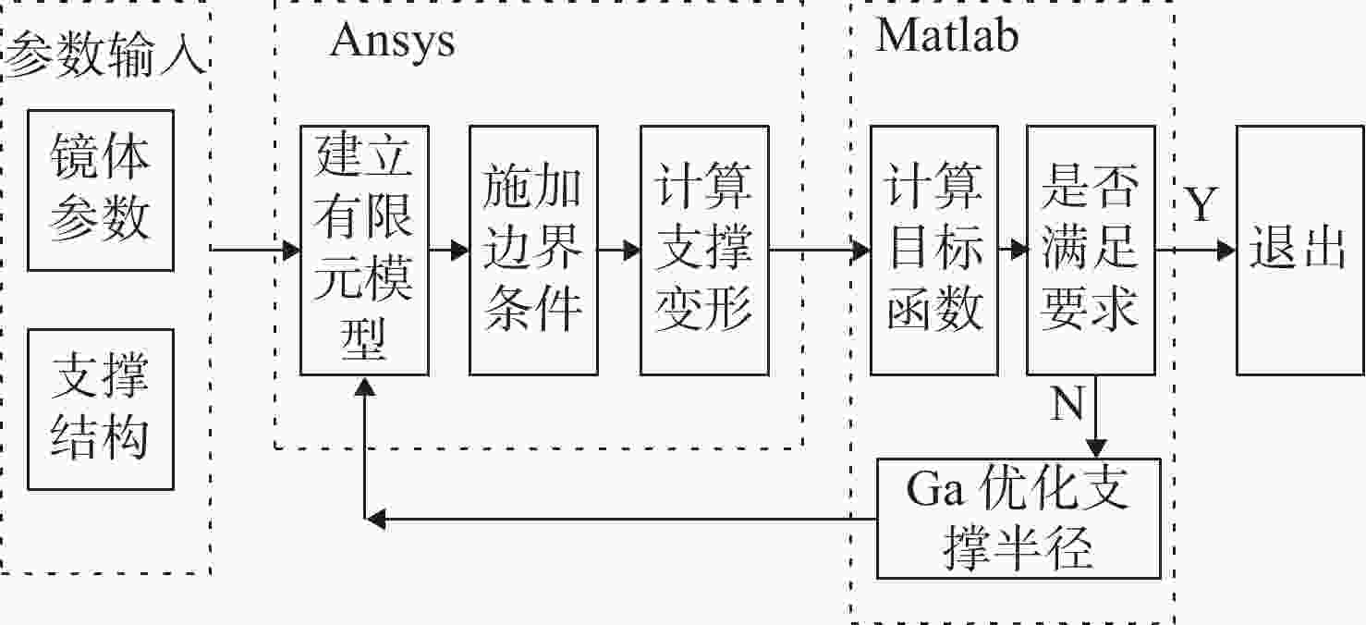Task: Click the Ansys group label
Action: click(393, 42)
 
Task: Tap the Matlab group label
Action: click(947, 34)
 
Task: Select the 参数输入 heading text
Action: click(104, 55)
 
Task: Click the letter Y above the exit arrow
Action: click(1201, 203)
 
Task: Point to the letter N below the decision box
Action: click(1067, 402)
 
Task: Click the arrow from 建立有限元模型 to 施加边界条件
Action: click(449, 250)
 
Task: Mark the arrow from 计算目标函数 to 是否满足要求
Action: click(1013, 250)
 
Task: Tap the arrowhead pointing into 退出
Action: click(1226, 250)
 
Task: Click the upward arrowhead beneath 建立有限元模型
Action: click(365, 386)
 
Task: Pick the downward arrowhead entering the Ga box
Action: click(1096, 448)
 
